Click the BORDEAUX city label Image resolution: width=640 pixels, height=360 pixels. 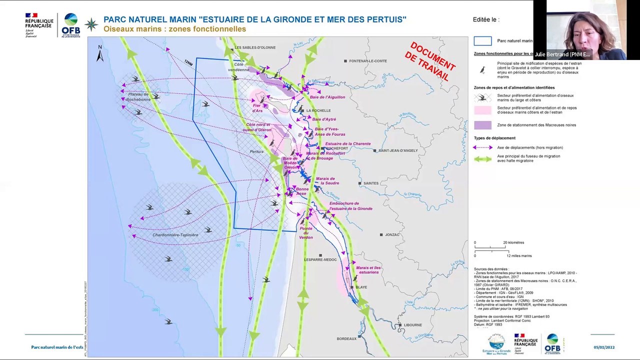(346, 339)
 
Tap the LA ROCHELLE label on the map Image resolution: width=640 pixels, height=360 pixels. (318, 110)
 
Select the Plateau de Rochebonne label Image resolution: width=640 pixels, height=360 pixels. (138, 97)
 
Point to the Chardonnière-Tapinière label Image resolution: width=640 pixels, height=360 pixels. (175, 235)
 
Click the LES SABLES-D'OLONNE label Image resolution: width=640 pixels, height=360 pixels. (255, 47)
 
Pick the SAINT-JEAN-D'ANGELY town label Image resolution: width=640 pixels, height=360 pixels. (398, 150)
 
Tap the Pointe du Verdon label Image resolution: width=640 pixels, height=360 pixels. (306, 233)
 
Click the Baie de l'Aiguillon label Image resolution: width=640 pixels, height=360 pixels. (327, 97)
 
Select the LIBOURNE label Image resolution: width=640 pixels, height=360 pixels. (413, 325)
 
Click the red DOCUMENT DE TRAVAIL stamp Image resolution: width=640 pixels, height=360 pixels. (429, 61)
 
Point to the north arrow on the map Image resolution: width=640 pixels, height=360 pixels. (100, 53)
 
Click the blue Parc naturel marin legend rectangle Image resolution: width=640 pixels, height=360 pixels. (482, 41)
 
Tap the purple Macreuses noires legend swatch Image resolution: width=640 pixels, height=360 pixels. (482, 125)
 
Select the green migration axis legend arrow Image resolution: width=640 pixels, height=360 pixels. (482, 159)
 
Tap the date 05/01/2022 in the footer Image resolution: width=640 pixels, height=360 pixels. (604, 347)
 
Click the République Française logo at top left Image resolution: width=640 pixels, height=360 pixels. (39, 24)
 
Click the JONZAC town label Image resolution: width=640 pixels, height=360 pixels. (392, 234)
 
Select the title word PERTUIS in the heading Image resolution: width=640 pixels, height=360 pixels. (385, 20)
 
